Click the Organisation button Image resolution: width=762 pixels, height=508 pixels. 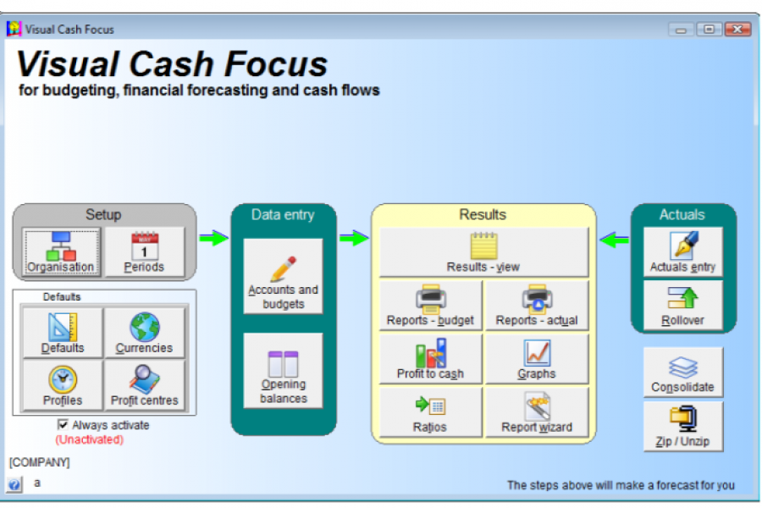[61, 251]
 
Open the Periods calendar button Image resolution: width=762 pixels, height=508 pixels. [144, 251]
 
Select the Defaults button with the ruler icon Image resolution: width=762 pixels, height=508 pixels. [63, 333]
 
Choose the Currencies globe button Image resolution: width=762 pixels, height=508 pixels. [144, 333]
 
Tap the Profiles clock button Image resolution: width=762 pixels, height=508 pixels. [63, 385]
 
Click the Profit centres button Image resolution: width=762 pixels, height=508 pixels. [144, 385]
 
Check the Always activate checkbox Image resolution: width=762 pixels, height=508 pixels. [63, 425]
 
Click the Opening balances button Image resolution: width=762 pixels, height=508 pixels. [283, 372]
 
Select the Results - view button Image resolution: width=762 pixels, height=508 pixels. [483, 251]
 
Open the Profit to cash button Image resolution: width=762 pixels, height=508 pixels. [430, 358]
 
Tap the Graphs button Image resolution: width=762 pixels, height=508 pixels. [537, 358]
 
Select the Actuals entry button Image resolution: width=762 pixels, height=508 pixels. [682, 251]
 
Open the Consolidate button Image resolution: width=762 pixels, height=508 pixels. [682, 373]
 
